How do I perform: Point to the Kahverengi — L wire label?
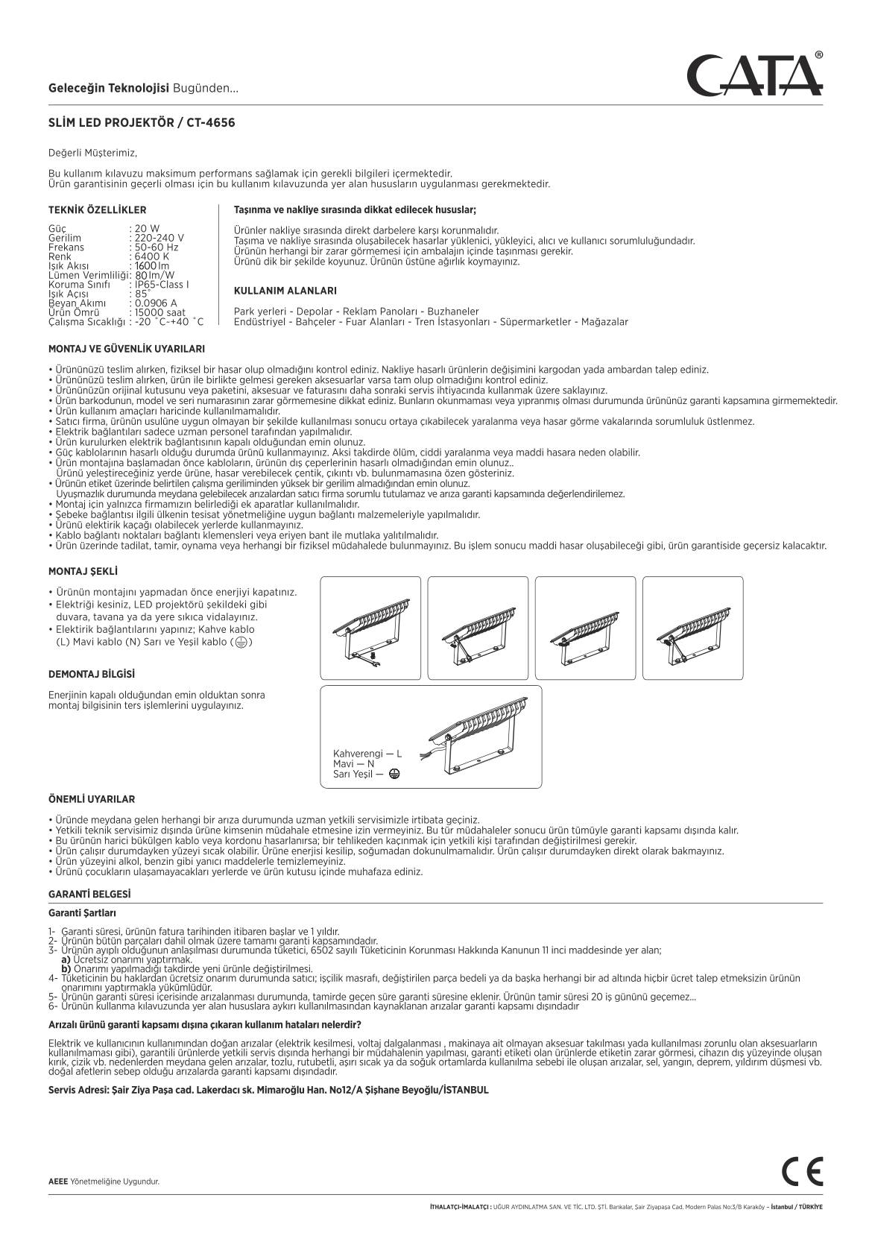pos(367,754)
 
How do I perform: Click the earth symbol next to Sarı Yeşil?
pos(394,774)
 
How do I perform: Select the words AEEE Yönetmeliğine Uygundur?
pos(104,1182)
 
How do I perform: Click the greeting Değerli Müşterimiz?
pos(92,153)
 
